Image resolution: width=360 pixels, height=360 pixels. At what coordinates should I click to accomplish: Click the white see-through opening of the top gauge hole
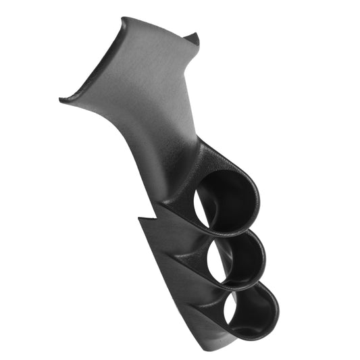205,202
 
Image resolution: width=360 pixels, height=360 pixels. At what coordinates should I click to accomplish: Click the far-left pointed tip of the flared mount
61,101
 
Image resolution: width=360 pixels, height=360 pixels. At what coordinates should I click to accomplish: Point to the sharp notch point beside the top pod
139,218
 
